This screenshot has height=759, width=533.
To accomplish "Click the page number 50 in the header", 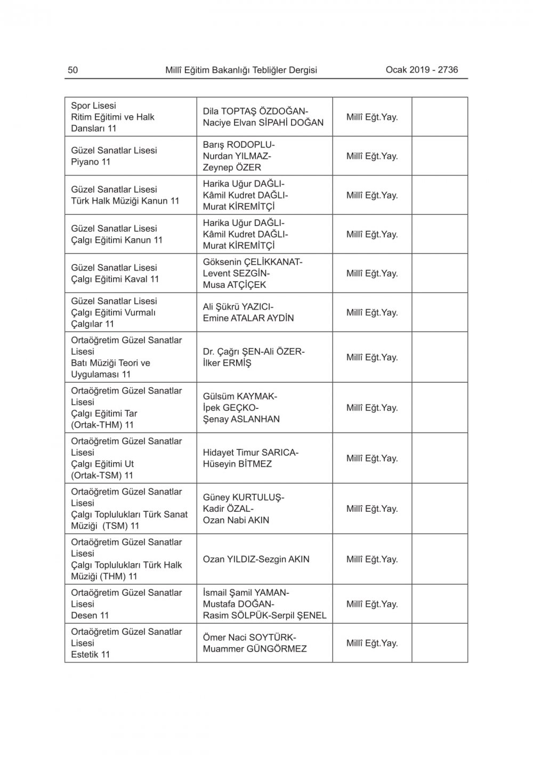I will click(73, 70).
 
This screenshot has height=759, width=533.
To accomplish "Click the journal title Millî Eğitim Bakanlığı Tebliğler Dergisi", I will click(241, 70).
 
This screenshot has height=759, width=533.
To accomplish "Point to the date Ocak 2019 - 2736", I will click(422, 69).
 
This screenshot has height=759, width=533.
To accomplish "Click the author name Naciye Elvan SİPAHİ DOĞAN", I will click(263, 123).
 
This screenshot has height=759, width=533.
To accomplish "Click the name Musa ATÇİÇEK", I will click(234, 285).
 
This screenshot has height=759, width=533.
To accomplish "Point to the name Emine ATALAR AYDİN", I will click(248, 318).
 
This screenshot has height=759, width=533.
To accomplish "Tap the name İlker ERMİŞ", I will click(227, 363).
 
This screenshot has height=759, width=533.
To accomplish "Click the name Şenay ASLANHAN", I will click(241, 419).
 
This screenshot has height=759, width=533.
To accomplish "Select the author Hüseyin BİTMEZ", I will click(237, 464).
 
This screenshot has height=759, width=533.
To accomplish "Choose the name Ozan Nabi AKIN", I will click(236, 520).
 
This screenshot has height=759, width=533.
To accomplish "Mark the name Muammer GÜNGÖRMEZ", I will click(254, 649).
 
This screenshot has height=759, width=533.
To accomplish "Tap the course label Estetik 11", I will click(90, 655).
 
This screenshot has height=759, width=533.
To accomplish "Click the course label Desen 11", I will click(90, 615).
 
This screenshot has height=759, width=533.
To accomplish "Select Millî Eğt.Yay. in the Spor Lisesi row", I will click(372, 117).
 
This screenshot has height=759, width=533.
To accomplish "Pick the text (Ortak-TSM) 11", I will click(102, 475).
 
